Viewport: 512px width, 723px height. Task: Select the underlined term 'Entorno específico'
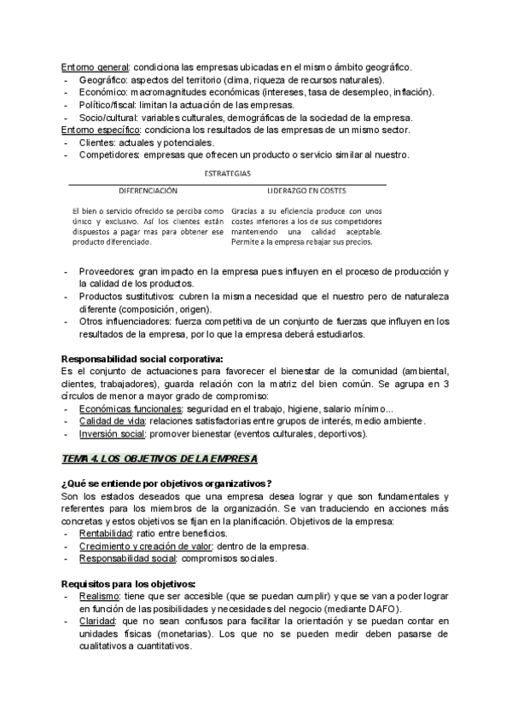99,130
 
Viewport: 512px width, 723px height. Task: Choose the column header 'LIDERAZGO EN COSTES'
305,191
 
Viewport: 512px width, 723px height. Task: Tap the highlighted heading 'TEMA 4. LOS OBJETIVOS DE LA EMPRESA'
159,459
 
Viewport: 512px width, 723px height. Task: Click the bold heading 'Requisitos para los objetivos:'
129,584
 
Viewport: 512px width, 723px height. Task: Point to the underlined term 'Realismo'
99,597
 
